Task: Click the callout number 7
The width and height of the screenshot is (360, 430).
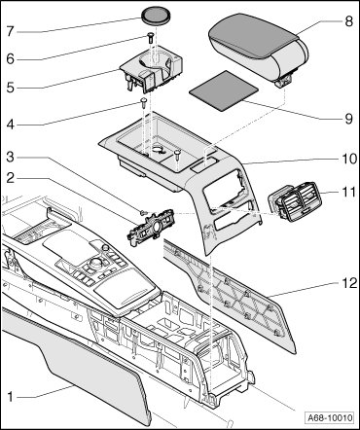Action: pos(11,31)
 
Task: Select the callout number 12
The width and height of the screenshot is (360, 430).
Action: pos(348,283)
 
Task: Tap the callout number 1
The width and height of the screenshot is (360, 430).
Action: pos(11,396)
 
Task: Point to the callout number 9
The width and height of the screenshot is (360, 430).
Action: pos(348,119)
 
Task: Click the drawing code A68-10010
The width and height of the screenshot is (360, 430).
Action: pos(330,417)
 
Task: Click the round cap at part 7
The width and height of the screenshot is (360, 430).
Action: pos(156,16)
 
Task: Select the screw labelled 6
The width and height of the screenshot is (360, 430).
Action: pos(151,38)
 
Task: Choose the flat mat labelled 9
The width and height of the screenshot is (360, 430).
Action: pos(224,90)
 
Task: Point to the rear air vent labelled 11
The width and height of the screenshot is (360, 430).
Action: pos(294,201)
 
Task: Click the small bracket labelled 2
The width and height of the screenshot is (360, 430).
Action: pos(151,227)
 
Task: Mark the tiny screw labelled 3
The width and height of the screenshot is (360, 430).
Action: pos(143,212)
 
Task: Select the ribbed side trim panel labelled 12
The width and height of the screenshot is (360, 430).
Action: pos(231,295)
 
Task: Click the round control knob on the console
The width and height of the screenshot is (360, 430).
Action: pos(97,262)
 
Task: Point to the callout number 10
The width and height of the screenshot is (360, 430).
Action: pos(348,159)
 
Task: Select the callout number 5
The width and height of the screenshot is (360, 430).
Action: pos(11,88)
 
